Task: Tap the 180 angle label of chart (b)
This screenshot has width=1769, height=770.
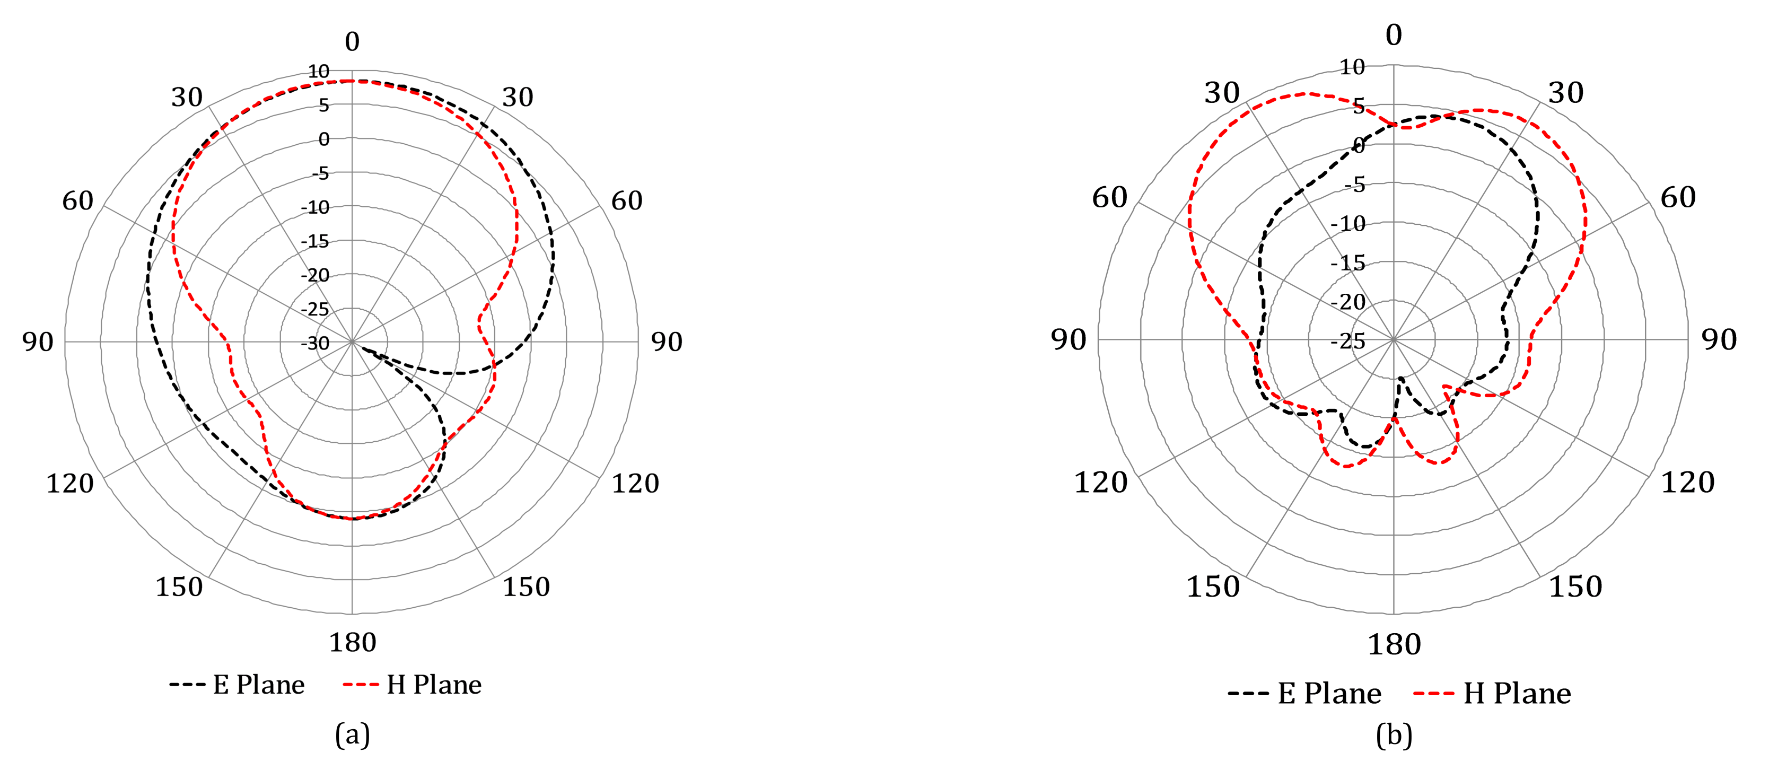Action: [x=1394, y=645]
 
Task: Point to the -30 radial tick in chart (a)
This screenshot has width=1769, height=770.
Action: [x=315, y=343]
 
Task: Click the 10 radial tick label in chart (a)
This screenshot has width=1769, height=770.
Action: [x=319, y=72]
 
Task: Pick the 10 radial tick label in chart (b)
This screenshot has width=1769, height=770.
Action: [x=1352, y=67]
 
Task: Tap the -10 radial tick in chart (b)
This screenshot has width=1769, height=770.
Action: [x=1348, y=224]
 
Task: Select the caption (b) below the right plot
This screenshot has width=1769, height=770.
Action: [x=1394, y=736]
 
